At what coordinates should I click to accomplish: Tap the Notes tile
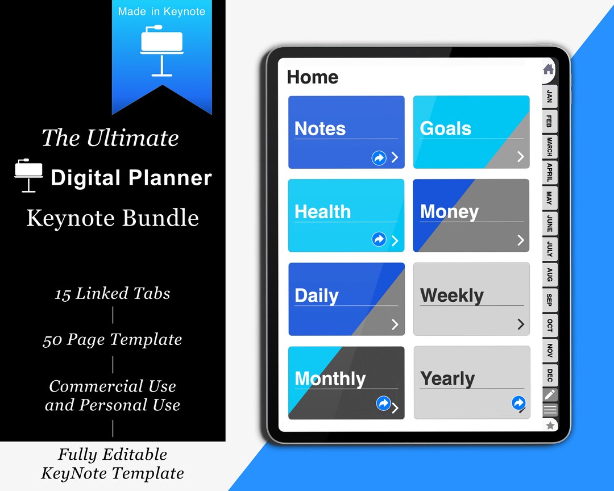coord(346,132)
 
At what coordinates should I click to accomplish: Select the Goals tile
coord(471,132)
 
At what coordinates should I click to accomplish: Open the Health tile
coord(346,215)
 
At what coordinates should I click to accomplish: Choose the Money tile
coord(471,215)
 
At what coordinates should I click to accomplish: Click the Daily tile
coord(346,298)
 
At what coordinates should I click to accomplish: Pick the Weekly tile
coord(471,298)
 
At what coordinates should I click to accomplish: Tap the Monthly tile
coord(346,382)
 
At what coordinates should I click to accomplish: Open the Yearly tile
coord(471,382)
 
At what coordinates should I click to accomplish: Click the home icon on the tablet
coord(548,69)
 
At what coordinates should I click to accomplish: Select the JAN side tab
coord(549,95)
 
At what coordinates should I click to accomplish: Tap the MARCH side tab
coord(549,146)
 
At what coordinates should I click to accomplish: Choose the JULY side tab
coord(549,249)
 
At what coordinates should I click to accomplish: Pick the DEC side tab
coord(549,375)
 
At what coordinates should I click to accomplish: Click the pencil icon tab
coord(549,394)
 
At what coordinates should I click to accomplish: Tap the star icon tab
coord(550,425)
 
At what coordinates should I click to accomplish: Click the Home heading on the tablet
coord(313,77)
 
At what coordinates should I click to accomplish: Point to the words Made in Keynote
coord(162,11)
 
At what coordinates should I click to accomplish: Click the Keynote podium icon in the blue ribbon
coord(162,50)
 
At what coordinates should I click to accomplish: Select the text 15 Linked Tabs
coord(113,293)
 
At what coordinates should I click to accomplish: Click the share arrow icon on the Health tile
coord(379,239)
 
